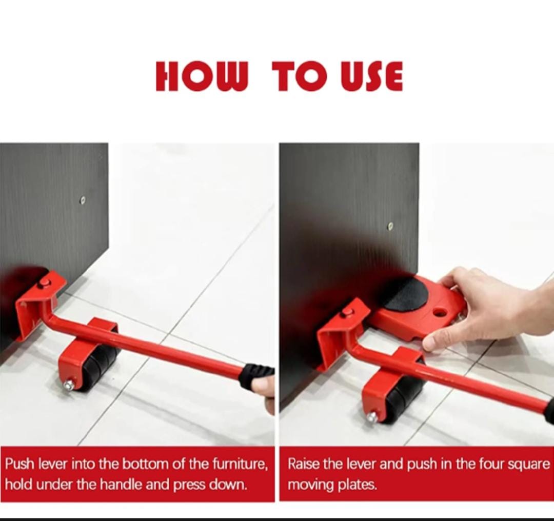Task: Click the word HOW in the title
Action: coord(202,76)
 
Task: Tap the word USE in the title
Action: coord(372,76)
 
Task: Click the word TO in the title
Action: coord(302,76)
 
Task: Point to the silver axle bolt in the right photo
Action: coord(372,417)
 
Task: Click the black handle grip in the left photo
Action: coord(256,376)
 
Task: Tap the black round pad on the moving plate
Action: coord(406,294)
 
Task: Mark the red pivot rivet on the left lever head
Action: coord(45,283)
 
